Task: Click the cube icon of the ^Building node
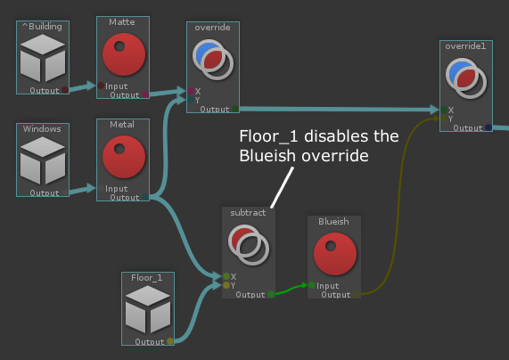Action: [43, 58]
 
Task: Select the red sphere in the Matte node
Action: [124, 54]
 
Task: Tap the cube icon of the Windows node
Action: [43, 160]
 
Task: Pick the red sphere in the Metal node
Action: [124, 157]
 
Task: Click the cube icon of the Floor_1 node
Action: [148, 309]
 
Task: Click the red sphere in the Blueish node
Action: [335, 254]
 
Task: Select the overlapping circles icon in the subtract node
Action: [249, 245]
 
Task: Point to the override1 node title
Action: [465, 46]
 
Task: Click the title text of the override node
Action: [213, 28]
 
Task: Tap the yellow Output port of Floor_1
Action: [170, 341]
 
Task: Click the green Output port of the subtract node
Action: [271, 294]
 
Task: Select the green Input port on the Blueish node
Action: [312, 285]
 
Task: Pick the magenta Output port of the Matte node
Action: [145, 94]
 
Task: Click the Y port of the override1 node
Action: [444, 119]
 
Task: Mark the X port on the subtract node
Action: [226, 276]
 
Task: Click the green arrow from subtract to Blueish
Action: [291, 289]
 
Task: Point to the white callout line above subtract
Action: [282, 187]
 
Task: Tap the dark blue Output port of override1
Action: [488, 127]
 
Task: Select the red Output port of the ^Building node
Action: [65, 90]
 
